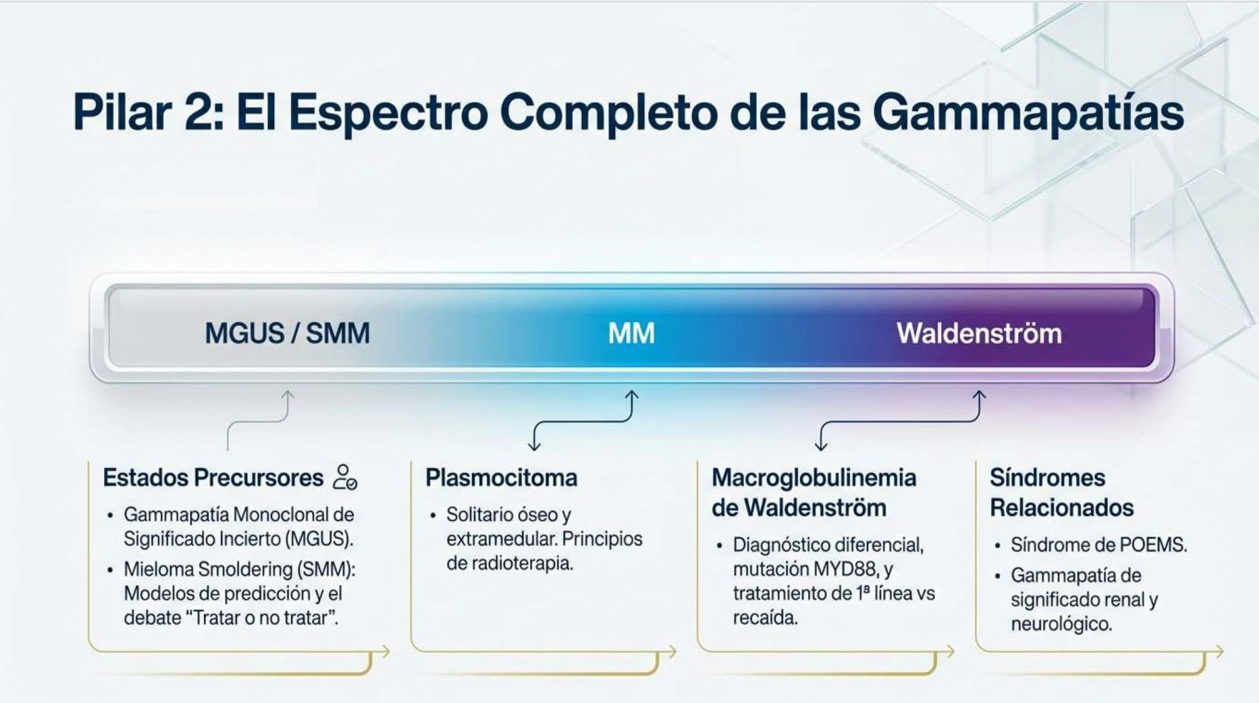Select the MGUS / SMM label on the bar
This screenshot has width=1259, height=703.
[287, 333]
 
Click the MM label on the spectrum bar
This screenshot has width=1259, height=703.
[631, 333]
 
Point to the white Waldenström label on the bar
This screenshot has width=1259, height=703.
[979, 333]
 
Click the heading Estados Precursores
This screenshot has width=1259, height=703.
[213, 478]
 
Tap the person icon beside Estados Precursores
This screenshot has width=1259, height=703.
[345, 477]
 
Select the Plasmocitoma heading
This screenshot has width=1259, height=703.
[501, 478]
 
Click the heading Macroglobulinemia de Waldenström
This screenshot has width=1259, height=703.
[814, 493]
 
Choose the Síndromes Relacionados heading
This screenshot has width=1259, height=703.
[1061, 493]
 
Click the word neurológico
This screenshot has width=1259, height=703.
[1061, 624]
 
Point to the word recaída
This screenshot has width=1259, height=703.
[765, 618]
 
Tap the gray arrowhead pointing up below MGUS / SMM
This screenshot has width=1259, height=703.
[288, 395]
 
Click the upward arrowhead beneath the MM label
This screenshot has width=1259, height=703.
[632, 395]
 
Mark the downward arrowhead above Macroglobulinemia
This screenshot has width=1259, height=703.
[821, 446]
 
